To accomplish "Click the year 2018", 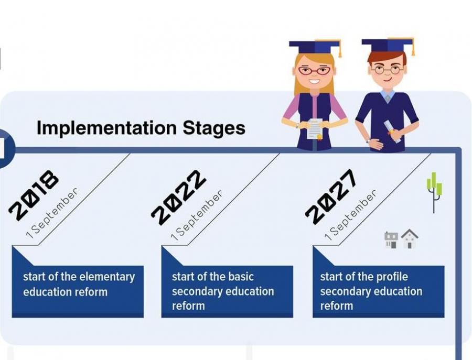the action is coord(34,195).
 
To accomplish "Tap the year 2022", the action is coord(179,198).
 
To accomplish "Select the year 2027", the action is coord(331,197).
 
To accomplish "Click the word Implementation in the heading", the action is coord(106,128).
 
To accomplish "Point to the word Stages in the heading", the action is coord(214,128).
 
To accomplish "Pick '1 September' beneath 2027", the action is coord(350,215).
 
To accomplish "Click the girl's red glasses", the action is coord(314,71).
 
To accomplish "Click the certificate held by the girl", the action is coord(314,129).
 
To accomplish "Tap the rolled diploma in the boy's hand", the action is coord(392,132).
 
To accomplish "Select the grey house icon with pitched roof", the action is coord(410,238).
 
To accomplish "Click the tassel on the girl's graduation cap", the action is coord(339,49).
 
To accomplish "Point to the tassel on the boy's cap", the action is coord(413,47).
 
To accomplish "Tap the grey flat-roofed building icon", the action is coord(391,239).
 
